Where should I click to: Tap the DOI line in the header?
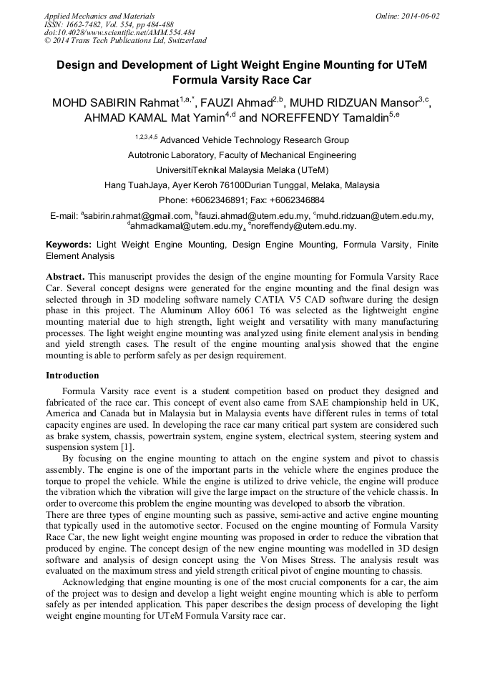[x=119, y=32]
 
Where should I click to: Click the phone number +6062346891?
[x=218, y=200]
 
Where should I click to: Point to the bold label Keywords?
[x=69, y=245]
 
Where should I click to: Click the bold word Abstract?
[x=65, y=276]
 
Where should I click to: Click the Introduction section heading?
[x=72, y=376]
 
